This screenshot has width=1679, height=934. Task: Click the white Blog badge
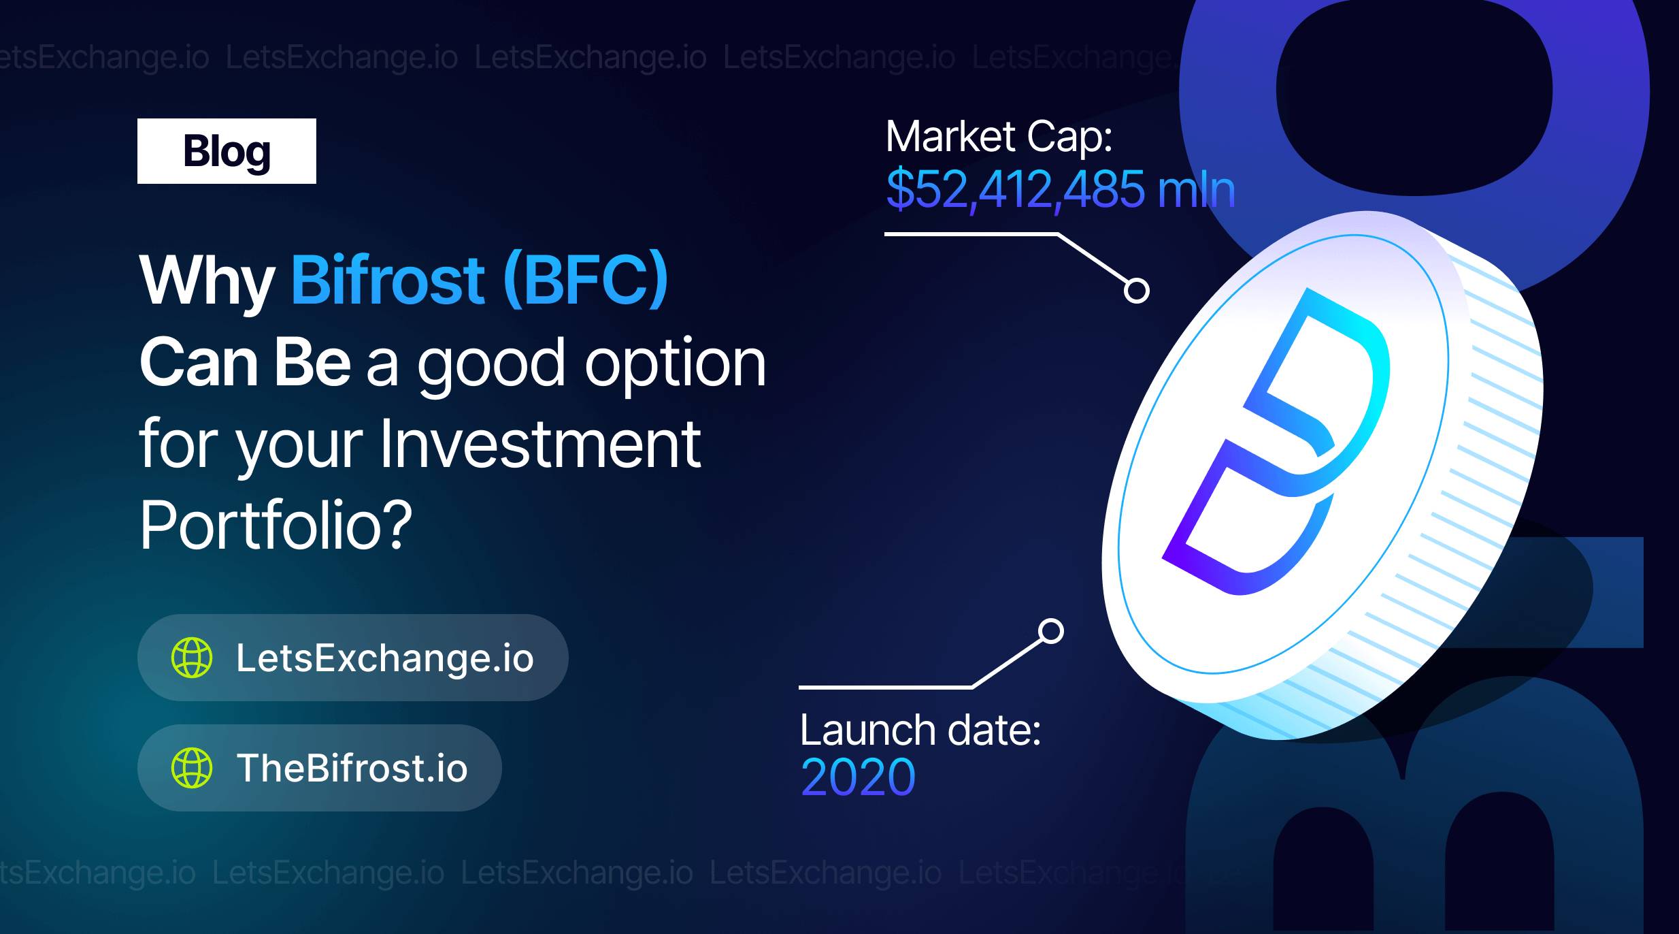coord(227,151)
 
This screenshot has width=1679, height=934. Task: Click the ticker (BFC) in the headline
coord(586,280)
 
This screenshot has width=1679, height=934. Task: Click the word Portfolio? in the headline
coord(276,525)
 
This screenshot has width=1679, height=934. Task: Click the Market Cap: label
coord(999,138)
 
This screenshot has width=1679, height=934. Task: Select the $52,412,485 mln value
coord(1061,189)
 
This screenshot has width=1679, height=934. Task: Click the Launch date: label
coord(920,730)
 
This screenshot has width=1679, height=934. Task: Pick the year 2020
coord(858,777)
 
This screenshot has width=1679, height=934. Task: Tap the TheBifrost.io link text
coord(352,768)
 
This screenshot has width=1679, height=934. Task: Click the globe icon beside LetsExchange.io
coord(192,658)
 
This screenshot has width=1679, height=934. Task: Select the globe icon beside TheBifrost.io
coord(192,767)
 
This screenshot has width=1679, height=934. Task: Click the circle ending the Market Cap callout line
coord(1136,290)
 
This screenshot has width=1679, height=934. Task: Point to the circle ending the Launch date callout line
coord(1051,631)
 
